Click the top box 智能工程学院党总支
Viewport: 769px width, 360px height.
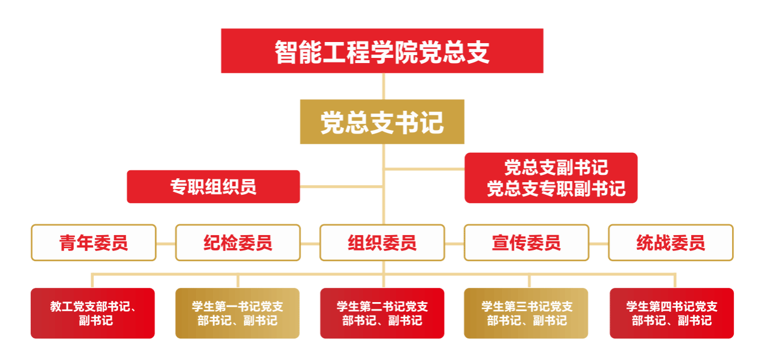click(x=382, y=51)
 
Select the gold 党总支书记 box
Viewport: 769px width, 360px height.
click(x=382, y=122)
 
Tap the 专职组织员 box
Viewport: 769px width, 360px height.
click(x=213, y=187)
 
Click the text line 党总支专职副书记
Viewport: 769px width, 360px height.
click(x=556, y=189)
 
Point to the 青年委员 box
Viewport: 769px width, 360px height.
click(x=93, y=242)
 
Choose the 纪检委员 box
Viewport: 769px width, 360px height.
click(x=238, y=242)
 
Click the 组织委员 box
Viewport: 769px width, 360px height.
click(x=382, y=242)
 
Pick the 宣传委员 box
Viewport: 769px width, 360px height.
click(x=526, y=242)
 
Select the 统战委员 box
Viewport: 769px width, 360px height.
click(x=671, y=242)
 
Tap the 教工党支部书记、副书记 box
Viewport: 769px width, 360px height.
click(x=93, y=313)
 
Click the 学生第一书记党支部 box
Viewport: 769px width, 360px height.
click(x=237, y=313)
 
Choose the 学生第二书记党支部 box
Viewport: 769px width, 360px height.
click(x=382, y=313)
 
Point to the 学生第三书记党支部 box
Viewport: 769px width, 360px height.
click(x=526, y=313)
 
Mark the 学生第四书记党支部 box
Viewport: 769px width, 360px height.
click(x=671, y=313)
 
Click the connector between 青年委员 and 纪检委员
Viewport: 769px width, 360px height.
click(x=166, y=244)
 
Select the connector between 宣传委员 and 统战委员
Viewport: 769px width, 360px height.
click(x=599, y=244)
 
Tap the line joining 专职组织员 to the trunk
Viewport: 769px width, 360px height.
click(x=341, y=187)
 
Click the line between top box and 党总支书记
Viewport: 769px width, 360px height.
click(x=383, y=86)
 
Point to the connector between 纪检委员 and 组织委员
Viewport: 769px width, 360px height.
click(x=310, y=244)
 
